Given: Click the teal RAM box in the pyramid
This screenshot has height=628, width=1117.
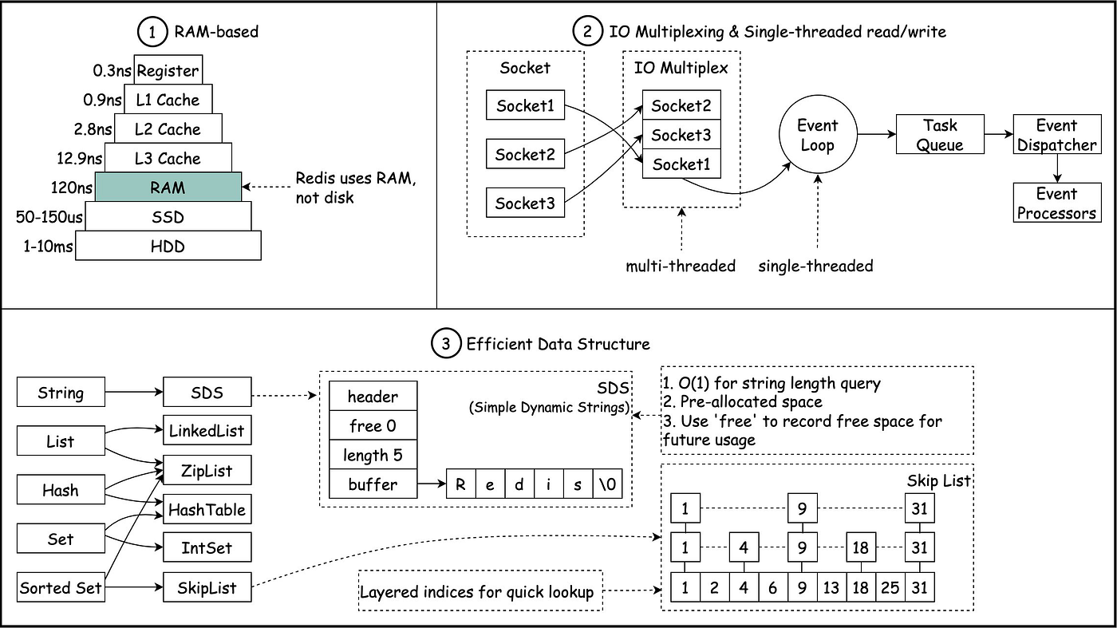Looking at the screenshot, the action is coord(168,187).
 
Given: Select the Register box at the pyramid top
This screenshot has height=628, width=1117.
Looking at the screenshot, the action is coord(168,70).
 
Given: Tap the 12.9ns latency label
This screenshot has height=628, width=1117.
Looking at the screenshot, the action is coord(79,159).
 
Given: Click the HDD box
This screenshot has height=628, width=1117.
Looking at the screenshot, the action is coord(168,246).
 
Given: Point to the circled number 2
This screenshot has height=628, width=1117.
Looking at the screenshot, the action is coord(587,31).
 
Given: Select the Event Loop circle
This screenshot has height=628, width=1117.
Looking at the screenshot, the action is coord(818,134).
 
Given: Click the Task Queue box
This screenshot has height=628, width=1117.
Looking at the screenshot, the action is coord(940,134).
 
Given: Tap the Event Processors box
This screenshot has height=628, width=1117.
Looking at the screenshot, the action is coord(1057,203).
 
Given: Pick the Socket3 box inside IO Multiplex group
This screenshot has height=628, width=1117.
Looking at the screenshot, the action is coord(681,134).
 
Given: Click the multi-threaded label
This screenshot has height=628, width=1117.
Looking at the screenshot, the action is coord(681,266).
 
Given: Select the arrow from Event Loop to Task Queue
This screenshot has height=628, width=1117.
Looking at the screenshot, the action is coord(877,134).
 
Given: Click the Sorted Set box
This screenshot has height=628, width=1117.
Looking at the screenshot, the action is coord(61,587).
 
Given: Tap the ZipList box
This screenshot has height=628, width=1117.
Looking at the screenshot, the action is coord(207,470).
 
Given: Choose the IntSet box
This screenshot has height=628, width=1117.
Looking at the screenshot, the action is coord(207,547).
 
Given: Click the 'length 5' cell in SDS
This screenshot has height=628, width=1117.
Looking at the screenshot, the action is coord(373,454).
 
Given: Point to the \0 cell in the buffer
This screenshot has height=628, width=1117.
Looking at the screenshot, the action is coord(607,484).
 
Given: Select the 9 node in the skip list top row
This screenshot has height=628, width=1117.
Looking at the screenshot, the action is coord(802,508).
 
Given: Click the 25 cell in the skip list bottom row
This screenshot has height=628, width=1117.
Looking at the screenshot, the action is coord(890,587).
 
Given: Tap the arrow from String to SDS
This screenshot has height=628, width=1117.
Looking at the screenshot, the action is coord(134,392).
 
